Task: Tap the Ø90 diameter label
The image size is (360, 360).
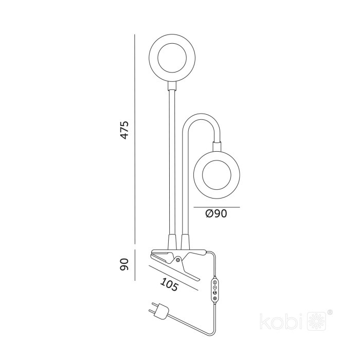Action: [216, 213]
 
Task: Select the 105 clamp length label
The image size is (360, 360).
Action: [169, 285]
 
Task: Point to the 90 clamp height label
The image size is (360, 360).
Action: [124, 265]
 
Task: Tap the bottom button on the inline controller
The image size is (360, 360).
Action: [214, 298]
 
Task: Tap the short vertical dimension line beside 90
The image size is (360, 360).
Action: [135, 265]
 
